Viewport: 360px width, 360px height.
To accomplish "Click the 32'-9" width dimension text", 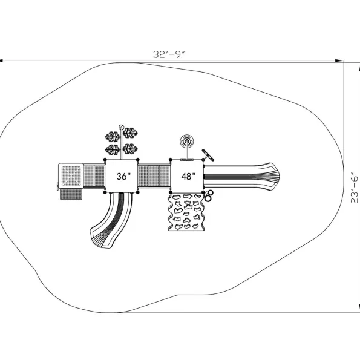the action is pyautogui.click(x=169, y=54).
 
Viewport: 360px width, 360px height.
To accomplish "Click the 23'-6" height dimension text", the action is pyautogui.click(x=355, y=188).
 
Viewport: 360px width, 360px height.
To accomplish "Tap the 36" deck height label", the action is pyautogui.click(x=123, y=176).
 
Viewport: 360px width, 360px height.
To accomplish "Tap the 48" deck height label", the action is pyautogui.click(x=188, y=176).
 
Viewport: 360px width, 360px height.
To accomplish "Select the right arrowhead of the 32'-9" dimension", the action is pyautogui.click(x=339, y=61).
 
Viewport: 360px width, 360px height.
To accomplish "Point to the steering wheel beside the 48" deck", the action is pyautogui.click(x=208, y=155).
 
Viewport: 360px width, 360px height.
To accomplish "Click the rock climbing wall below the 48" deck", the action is pyautogui.click(x=186, y=212).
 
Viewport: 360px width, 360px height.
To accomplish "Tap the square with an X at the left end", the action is pyautogui.click(x=71, y=176).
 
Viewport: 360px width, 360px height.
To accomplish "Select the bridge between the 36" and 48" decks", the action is pyautogui.click(x=154, y=175).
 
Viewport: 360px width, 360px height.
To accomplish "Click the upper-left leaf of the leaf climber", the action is pyautogui.click(x=113, y=137).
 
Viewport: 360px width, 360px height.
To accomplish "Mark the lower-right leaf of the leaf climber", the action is pyautogui.click(x=131, y=149).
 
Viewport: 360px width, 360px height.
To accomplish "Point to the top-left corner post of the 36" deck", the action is pyautogui.click(x=105, y=160).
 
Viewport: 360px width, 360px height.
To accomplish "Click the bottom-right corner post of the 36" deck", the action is pyautogui.click(x=138, y=192).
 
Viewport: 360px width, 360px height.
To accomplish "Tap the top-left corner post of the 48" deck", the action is pyautogui.click(x=171, y=160).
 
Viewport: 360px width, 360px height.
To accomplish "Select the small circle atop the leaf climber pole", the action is pyautogui.click(x=121, y=127).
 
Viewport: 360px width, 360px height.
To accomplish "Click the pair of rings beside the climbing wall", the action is pyautogui.click(x=209, y=195).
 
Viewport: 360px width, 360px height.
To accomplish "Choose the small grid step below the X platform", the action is pyautogui.click(x=71, y=194).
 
